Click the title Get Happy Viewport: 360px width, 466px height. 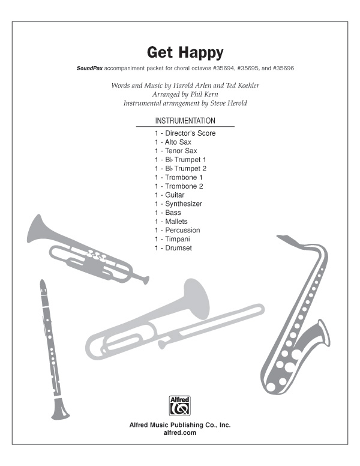[180, 53]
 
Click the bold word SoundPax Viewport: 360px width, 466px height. [89, 68]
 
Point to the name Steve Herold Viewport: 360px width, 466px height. [225, 103]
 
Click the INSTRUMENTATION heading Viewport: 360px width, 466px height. [185, 121]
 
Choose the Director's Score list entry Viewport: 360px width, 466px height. [184, 133]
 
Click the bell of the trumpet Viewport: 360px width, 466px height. [40, 229]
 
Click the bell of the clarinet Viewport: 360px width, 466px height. [59, 411]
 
